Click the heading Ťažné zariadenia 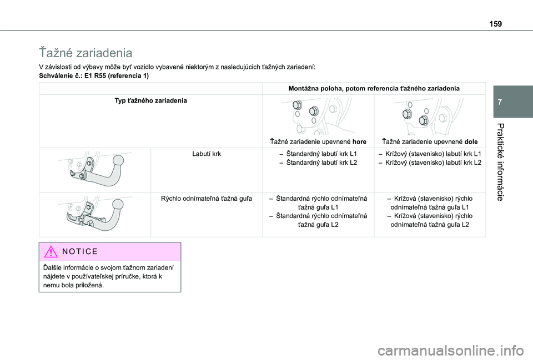[x=86, y=53]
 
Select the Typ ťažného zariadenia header [x=150, y=100]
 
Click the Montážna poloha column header [x=374, y=88]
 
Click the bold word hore [x=359, y=141]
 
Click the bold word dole [x=471, y=141]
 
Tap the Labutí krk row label [x=207, y=153]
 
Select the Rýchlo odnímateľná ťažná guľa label [x=207, y=198]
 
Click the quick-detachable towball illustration [x=94, y=214]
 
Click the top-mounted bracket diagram [x=318, y=115]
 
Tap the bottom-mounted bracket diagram [x=430, y=115]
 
